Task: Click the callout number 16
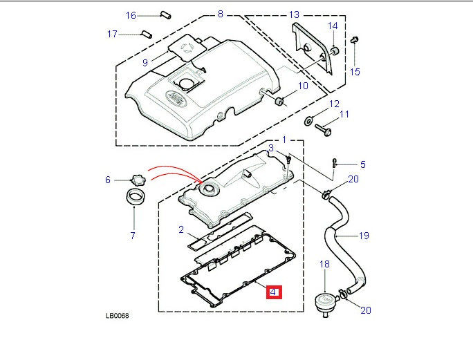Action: [131, 15]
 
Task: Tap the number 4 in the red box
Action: [274, 293]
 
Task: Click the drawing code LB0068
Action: [117, 316]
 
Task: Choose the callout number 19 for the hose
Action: [363, 236]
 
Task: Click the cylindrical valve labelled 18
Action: [323, 302]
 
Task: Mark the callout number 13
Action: [294, 15]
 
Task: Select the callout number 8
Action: [220, 14]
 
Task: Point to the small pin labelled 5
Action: [335, 163]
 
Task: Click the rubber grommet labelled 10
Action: [281, 102]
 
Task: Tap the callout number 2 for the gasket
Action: [180, 229]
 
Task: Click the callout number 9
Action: [145, 62]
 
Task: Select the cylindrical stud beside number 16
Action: [165, 14]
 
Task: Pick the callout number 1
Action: [283, 140]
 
